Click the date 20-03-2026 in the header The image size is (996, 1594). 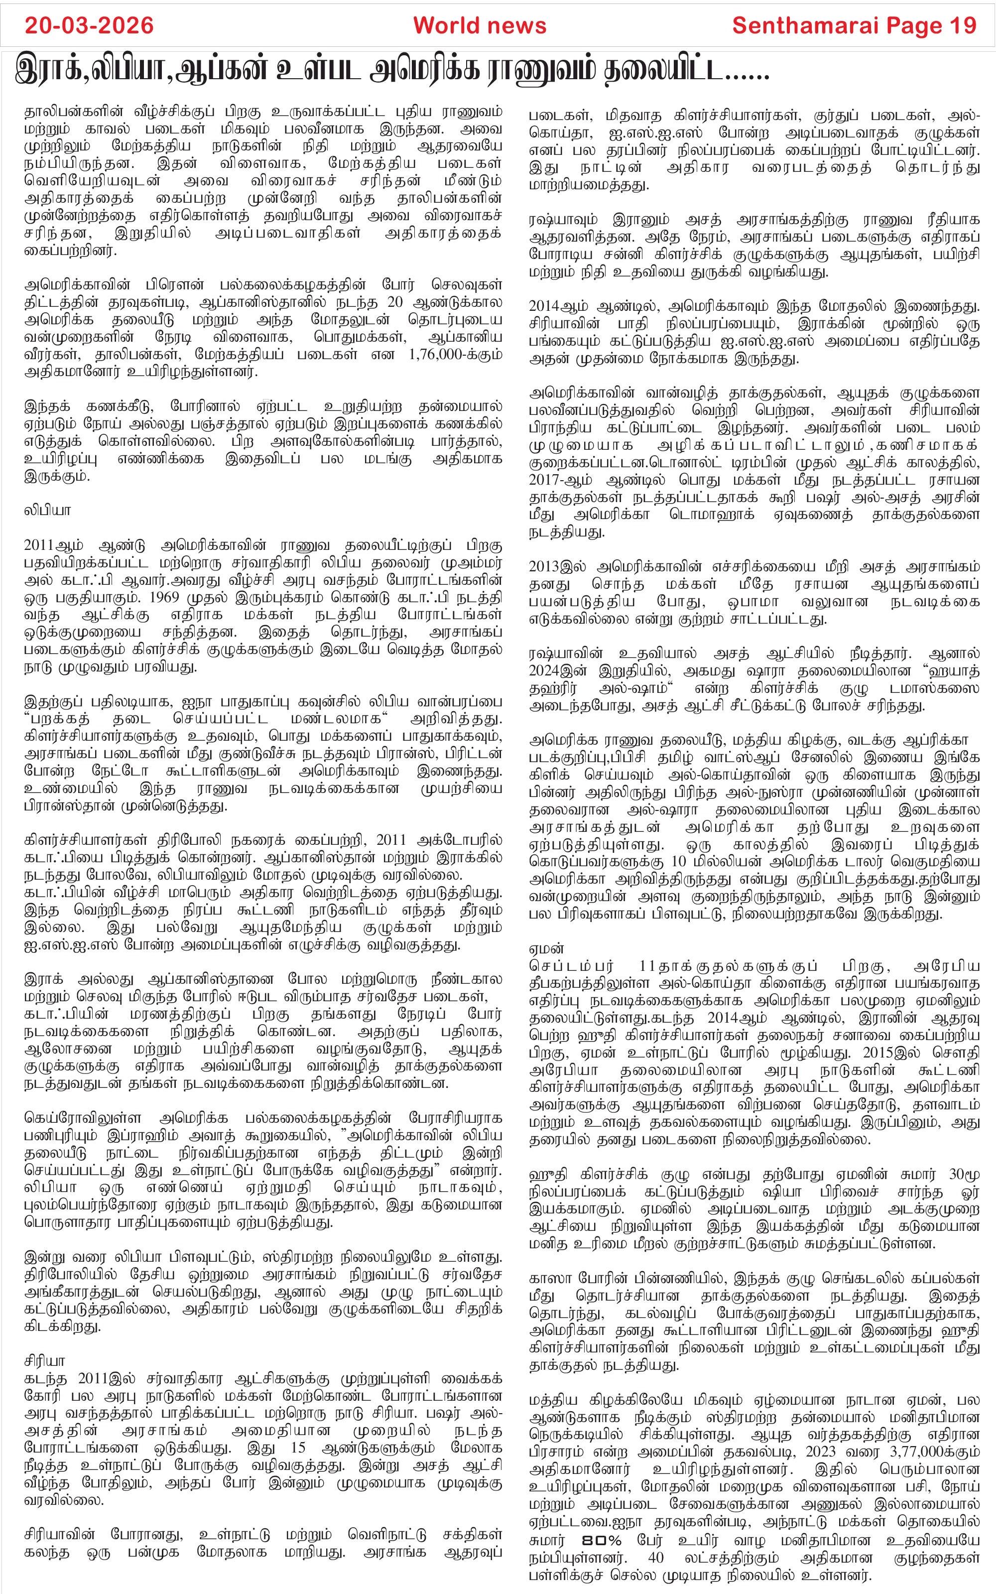click(89, 26)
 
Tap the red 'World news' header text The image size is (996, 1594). click(480, 26)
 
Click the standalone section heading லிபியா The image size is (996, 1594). click(47, 511)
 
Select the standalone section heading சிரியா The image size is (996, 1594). click(44, 1361)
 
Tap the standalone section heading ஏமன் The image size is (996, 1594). click(546, 949)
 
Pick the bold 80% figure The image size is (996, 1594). click(602, 1541)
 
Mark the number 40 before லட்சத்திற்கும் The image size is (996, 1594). click(655, 1559)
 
